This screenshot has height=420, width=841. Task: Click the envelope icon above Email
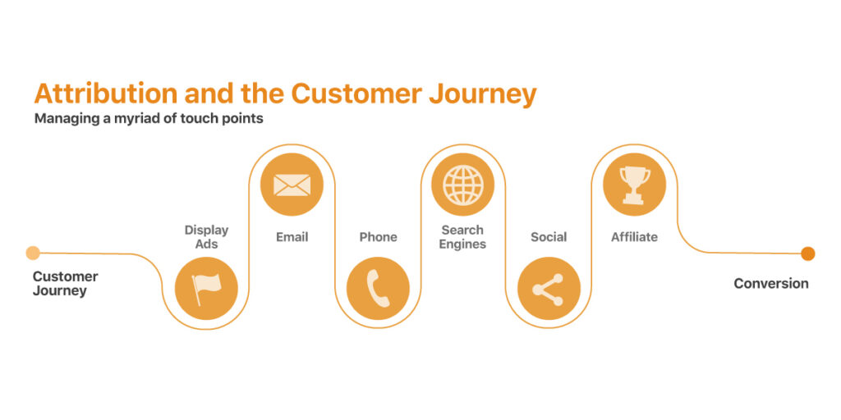point(292,185)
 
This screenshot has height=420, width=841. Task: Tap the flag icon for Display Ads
point(206,290)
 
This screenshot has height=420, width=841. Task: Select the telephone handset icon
point(378,289)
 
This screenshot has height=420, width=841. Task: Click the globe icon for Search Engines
point(463,185)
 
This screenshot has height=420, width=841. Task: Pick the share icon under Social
point(548,290)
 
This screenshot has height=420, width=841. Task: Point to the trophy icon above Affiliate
point(635,185)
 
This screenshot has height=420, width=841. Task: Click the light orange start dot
point(33,253)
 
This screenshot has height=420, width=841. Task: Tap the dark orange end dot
point(808,253)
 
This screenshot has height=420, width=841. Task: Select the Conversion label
point(770,283)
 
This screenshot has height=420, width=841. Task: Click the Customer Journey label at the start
point(66,284)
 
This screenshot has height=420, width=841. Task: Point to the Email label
point(292,237)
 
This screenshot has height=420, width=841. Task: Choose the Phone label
point(378,237)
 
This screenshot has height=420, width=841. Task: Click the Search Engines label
point(462,237)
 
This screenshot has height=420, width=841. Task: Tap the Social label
point(549,237)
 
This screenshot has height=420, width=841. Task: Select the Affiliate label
point(635,236)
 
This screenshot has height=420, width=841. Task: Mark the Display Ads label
point(206,237)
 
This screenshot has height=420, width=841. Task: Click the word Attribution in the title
point(106,94)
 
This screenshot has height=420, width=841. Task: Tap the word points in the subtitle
point(245,118)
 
